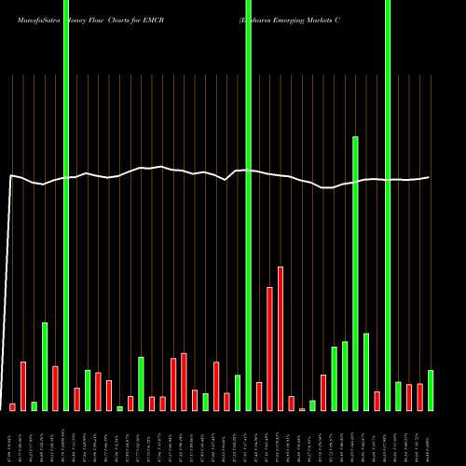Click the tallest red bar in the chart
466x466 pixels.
coord(281,338)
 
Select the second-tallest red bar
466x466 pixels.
coord(269,349)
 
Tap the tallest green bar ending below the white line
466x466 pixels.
coord(355,273)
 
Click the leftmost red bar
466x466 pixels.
coord(12,406)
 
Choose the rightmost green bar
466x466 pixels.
coord(431,390)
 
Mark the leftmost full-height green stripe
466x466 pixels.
coord(66,205)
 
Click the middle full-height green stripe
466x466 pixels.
coord(248,205)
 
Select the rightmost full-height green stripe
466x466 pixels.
coord(388,205)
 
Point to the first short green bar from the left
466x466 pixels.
coord(34,405)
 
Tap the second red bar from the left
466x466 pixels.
coord(23,386)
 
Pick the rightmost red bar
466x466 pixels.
coord(419,396)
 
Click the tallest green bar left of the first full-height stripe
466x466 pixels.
coord(45,366)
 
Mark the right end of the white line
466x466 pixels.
coord(430,177)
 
